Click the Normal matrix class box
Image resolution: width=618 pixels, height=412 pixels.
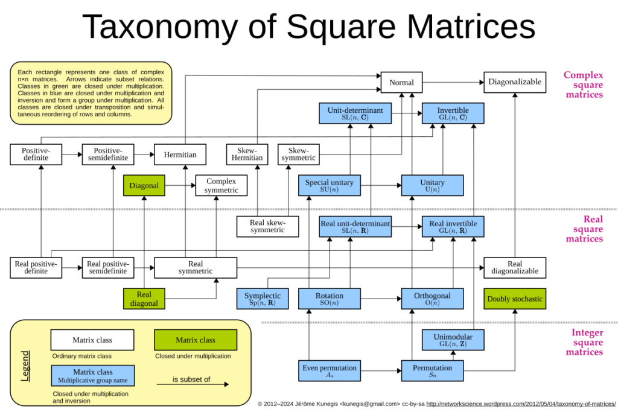point(401,82)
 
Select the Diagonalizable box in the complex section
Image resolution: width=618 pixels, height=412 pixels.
point(515,82)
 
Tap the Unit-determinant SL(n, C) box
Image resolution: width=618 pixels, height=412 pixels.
point(355,113)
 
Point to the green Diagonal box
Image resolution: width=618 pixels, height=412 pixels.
point(144,186)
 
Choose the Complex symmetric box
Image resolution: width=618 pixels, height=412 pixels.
point(221,186)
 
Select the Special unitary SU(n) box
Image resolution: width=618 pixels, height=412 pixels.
point(330,186)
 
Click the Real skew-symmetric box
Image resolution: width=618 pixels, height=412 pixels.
point(267,227)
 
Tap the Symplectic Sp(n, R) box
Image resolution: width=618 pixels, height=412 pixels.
point(263,299)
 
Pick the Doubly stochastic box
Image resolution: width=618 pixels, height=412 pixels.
point(515,299)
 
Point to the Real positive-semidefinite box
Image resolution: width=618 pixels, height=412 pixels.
point(107,268)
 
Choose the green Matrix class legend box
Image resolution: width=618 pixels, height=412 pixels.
point(196,340)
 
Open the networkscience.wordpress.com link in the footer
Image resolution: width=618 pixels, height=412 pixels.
point(521,404)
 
